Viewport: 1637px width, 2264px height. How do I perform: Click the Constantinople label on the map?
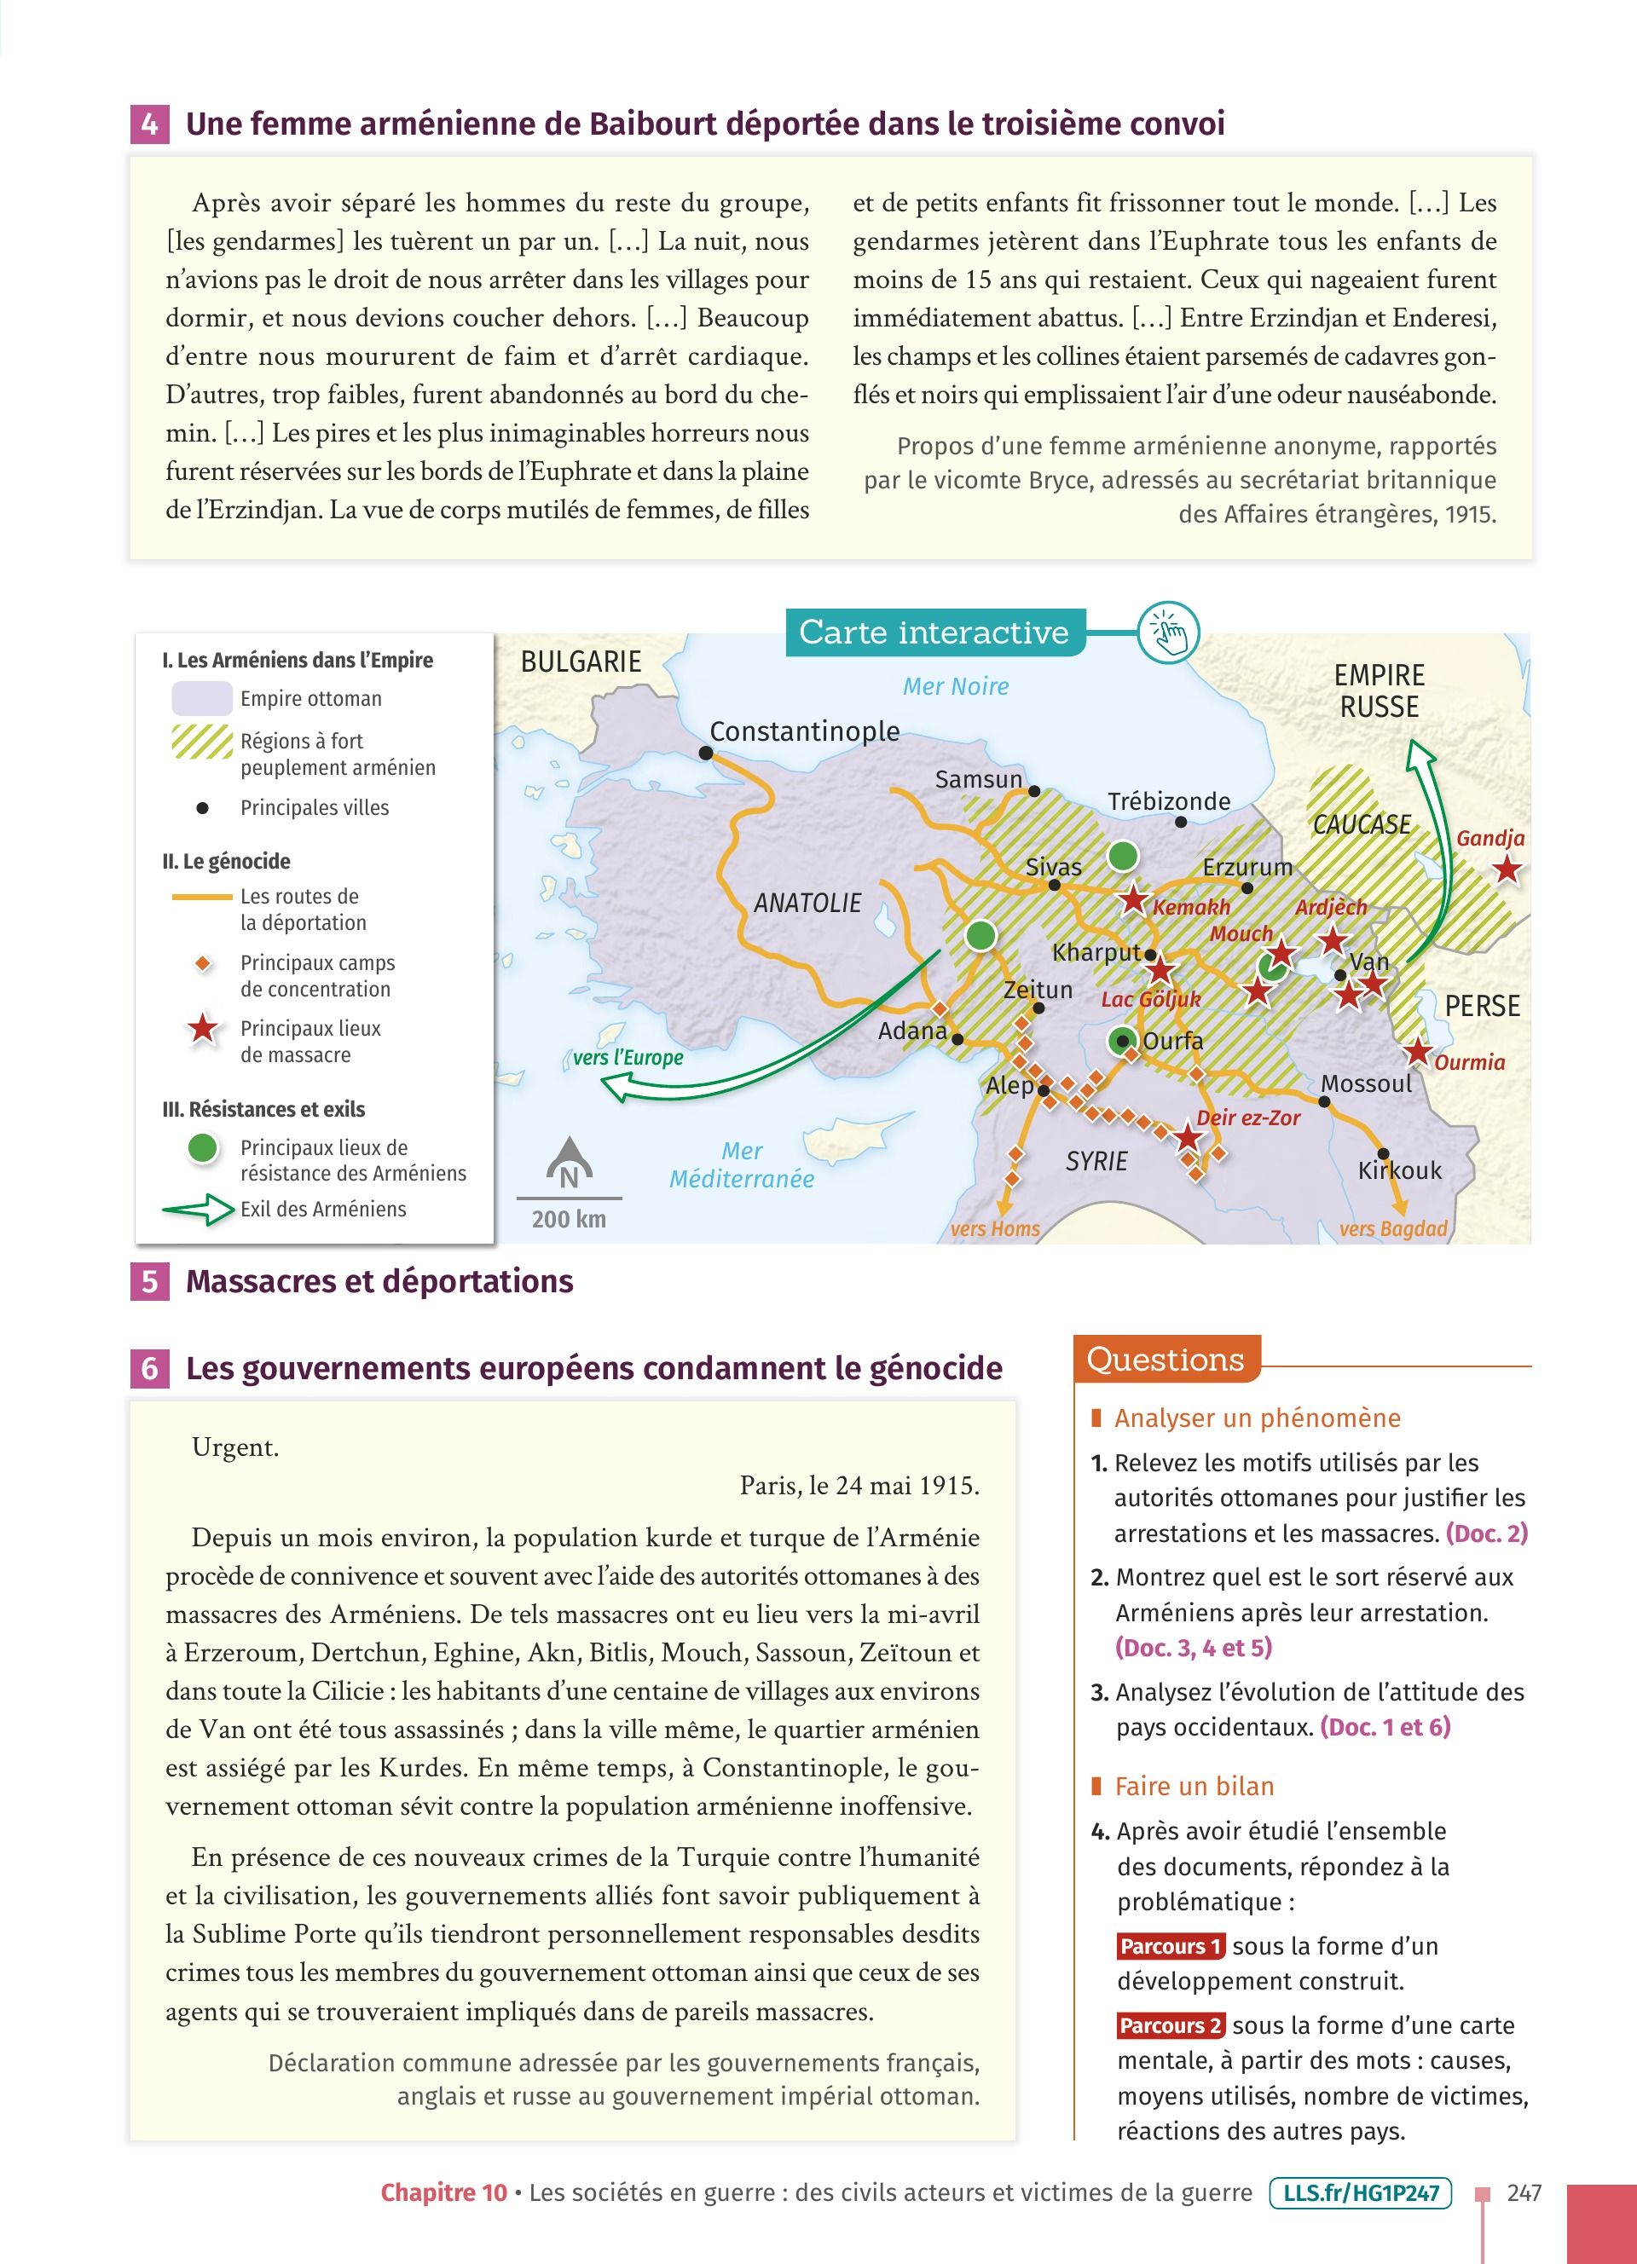click(805, 731)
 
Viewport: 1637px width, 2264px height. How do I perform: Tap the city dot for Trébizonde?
click(1181, 823)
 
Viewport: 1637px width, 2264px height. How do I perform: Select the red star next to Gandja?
click(1507, 869)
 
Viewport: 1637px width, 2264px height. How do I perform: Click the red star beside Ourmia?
click(1416, 1050)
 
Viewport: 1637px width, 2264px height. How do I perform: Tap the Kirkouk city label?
click(1399, 1170)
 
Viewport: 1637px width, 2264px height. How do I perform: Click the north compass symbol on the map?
click(569, 1164)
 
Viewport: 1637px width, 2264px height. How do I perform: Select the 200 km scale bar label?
click(569, 1219)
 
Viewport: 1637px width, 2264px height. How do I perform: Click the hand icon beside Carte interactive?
click(1169, 632)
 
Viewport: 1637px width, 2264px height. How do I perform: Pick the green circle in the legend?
click(204, 1148)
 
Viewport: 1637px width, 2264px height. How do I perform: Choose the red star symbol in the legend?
click(204, 1028)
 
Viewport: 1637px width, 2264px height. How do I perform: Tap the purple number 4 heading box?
click(150, 124)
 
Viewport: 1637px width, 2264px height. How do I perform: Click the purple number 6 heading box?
click(150, 1367)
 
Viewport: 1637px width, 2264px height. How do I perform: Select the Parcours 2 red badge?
click(1171, 2025)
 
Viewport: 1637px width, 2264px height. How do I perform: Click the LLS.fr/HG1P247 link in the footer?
click(1361, 2193)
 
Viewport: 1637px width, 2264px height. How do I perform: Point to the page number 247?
click(1524, 2193)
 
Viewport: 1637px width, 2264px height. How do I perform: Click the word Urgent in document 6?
click(235, 1447)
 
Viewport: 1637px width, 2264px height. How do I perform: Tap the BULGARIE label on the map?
click(581, 661)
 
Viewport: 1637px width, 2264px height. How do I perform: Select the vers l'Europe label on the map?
click(628, 1058)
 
